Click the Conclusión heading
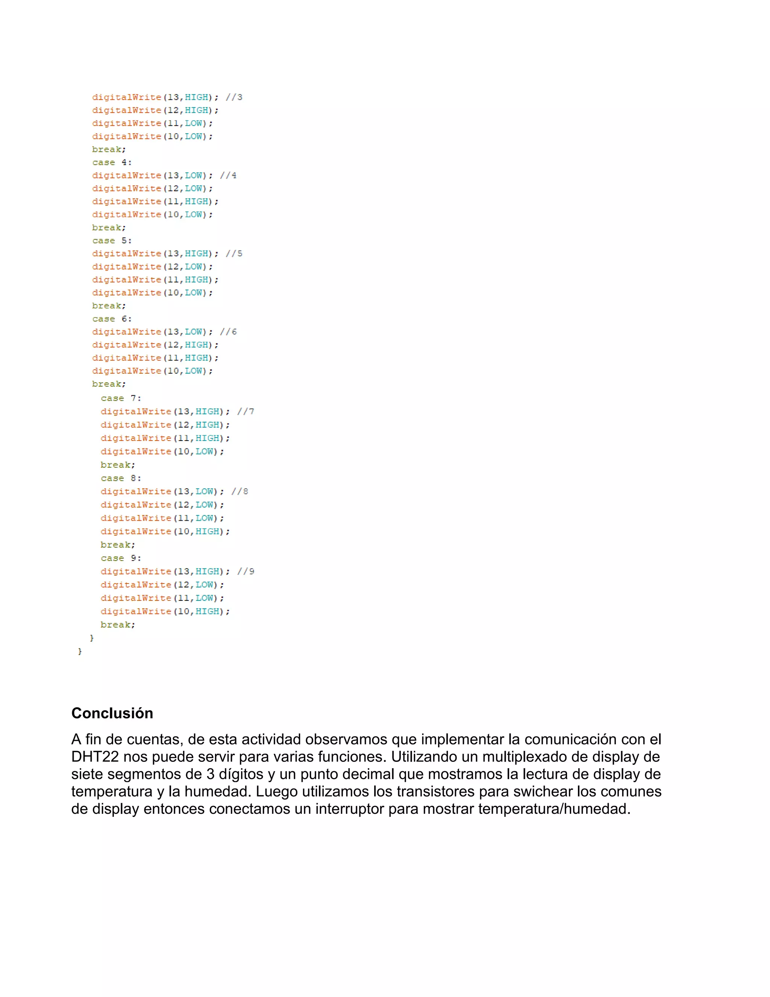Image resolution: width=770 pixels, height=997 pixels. click(112, 713)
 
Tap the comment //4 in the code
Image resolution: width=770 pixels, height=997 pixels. click(229, 175)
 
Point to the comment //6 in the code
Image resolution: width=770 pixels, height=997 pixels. click(229, 332)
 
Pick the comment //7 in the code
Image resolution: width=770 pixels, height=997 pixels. click(246, 412)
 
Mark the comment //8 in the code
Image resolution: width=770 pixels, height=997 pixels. click(240, 492)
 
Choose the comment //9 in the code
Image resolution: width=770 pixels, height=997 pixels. click(246, 571)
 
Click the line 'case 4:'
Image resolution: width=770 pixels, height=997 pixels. click(112, 163)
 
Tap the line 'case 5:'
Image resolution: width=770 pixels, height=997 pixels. click(112, 240)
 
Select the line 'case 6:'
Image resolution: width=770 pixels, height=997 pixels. click(112, 319)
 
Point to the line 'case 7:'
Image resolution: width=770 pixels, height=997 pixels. click(121, 398)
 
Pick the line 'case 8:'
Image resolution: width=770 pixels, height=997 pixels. click(121, 479)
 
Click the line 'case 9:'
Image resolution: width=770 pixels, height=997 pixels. click(121, 558)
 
